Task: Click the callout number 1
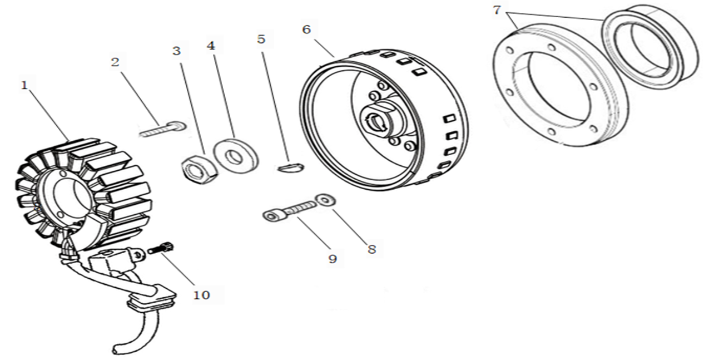pyautogui.click(x=24, y=86)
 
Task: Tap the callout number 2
pyautogui.click(x=115, y=62)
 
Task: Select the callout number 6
pyautogui.click(x=306, y=29)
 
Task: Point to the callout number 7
pyautogui.click(x=497, y=10)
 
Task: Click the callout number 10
pyautogui.click(x=201, y=295)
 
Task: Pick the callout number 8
pyautogui.click(x=372, y=249)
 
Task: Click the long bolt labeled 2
pyautogui.click(x=163, y=129)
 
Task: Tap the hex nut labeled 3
pyautogui.click(x=199, y=169)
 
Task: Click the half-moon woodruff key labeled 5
pyautogui.click(x=291, y=167)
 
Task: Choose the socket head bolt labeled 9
pyautogui.click(x=289, y=211)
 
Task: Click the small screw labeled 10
pyautogui.click(x=160, y=248)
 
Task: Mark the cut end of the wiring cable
pyautogui.click(x=116, y=349)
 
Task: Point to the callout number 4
pyautogui.click(x=211, y=46)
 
